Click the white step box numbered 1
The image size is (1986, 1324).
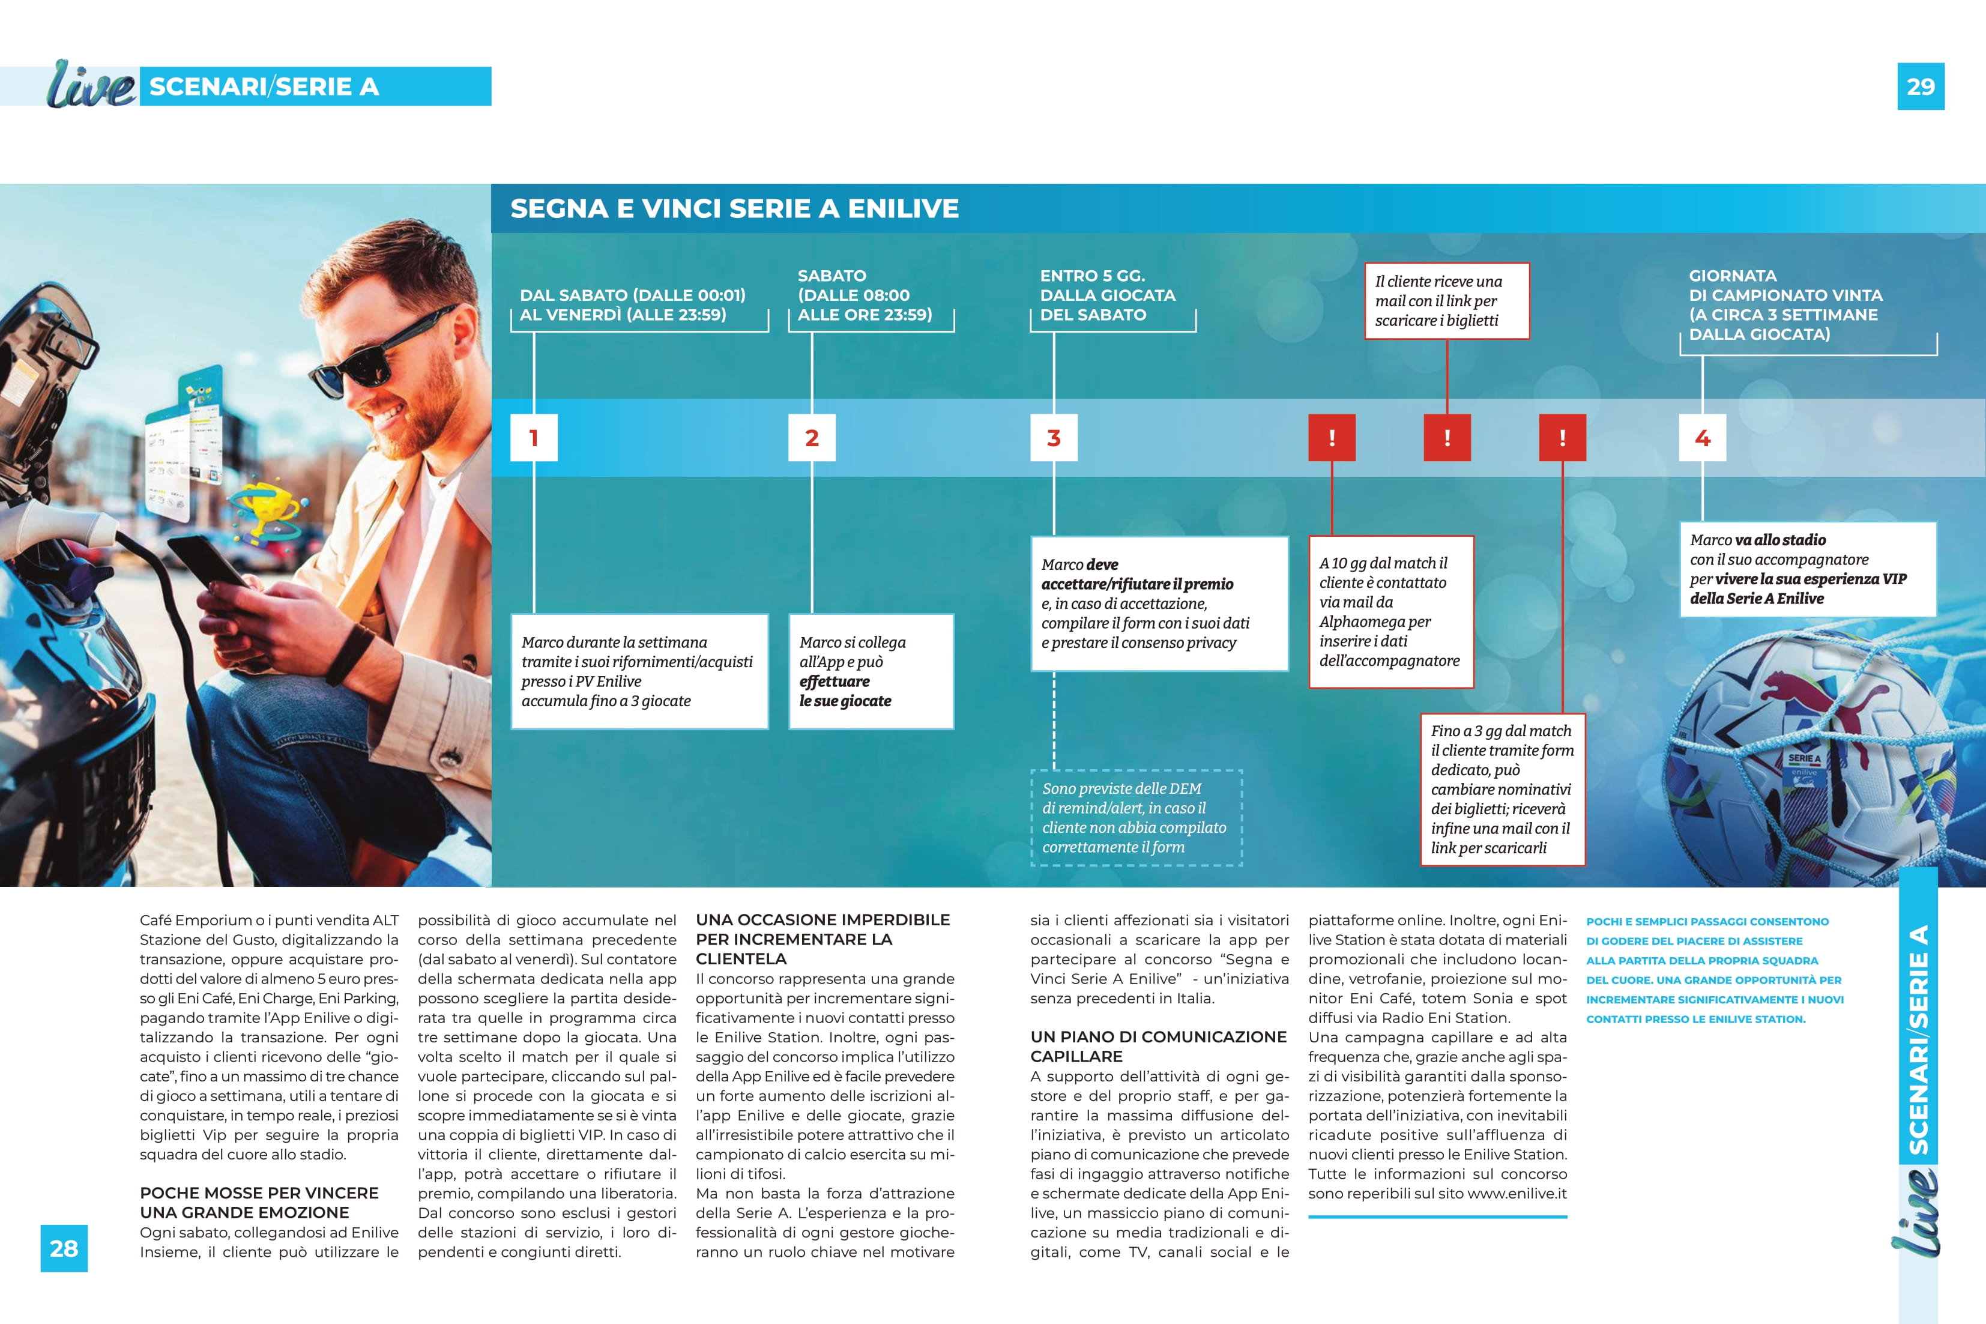point(534,437)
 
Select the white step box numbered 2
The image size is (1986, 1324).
point(811,437)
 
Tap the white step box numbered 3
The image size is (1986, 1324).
point(1054,437)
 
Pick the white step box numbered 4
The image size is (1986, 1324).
point(1703,437)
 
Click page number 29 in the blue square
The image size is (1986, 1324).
point(1920,86)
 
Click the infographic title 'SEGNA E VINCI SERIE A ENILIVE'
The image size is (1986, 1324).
point(734,208)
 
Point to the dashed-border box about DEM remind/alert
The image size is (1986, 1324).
point(1136,817)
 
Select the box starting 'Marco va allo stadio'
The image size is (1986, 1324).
point(1807,569)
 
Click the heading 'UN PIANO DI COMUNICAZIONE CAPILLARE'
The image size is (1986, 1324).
point(1158,1046)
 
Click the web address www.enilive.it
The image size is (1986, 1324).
point(1517,1194)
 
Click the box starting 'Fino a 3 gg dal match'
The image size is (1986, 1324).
point(1502,788)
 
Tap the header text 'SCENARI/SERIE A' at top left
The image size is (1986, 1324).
point(264,86)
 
